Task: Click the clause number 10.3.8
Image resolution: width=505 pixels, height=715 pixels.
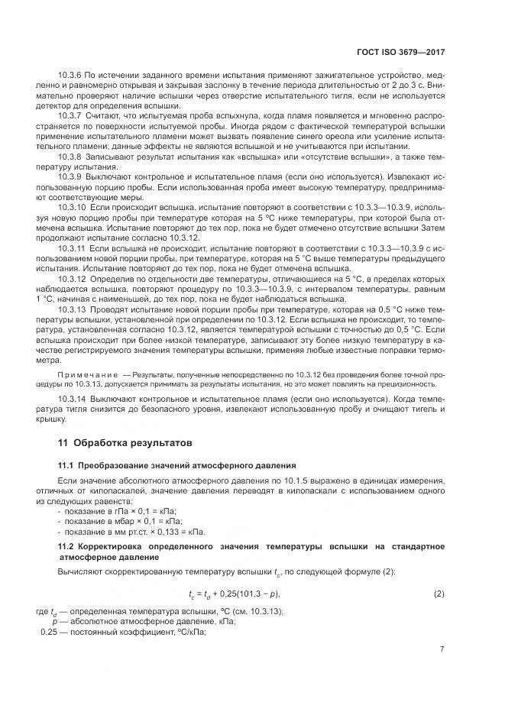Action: click(x=70, y=156)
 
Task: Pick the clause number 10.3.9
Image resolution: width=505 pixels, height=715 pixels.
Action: click(x=70, y=176)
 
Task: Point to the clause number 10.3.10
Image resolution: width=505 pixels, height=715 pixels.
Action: click(x=72, y=207)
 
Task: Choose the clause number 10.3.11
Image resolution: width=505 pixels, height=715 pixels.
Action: click(x=72, y=249)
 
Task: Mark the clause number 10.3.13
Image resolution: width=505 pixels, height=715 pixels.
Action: click(x=72, y=309)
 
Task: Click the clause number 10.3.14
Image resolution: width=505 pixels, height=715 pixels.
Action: click(x=72, y=400)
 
